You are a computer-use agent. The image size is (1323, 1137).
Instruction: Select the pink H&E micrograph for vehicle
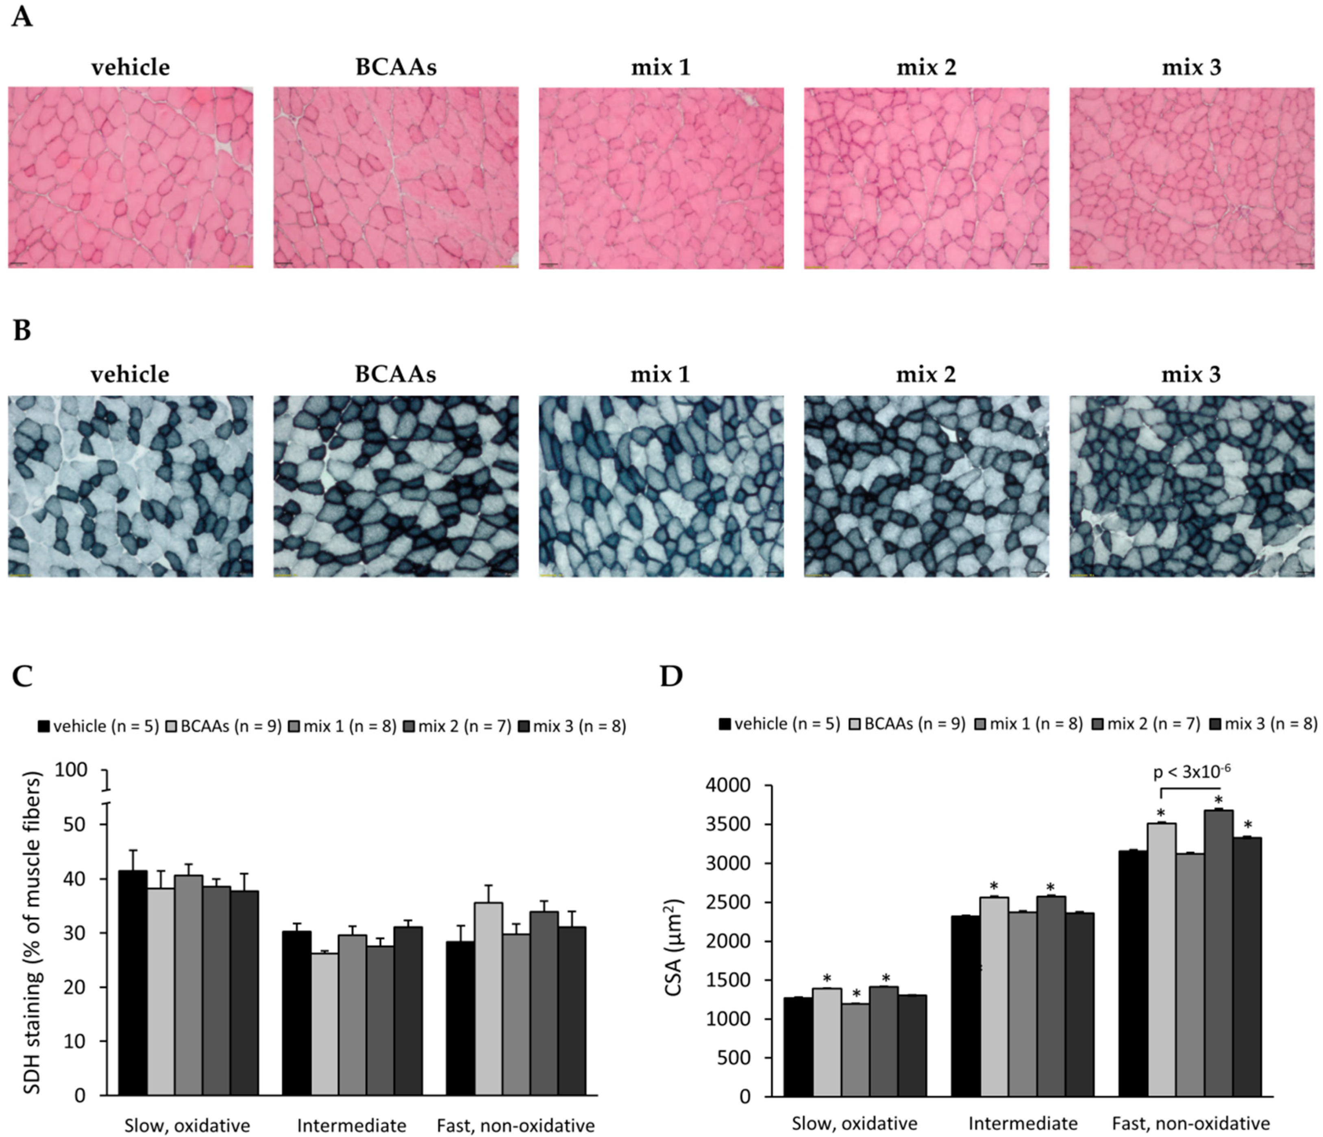pyautogui.click(x=130, y=178)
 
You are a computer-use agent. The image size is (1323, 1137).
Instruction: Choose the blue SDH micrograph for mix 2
pyautogui.click(x=926, y=486)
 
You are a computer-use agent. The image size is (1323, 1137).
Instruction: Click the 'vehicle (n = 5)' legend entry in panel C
pyautogui.click(x=99, y=726)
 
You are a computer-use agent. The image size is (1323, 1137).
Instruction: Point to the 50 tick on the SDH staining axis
pyautogui.click(x=75, y=824)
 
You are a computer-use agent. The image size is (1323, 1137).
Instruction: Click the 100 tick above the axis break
pyautogui.click(x=72, y=770)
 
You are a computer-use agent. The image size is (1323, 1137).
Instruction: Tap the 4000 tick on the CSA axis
pyautogui.click(x=728, y=786)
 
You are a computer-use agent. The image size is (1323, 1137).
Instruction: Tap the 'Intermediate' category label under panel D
pyautogui.click(x=1023, y=1122)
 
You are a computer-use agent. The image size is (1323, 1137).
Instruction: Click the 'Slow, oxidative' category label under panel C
pyautogui.click(x=187, y=1125)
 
